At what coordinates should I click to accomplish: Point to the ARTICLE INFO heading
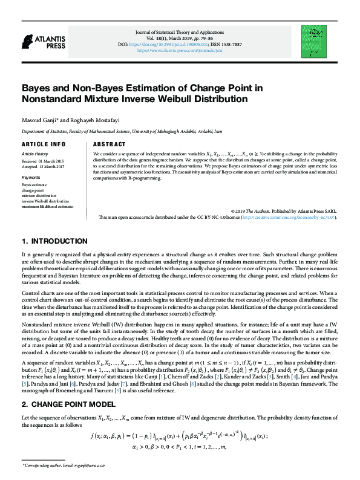(43, 145)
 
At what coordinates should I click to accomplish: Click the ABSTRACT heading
(110, 145)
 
